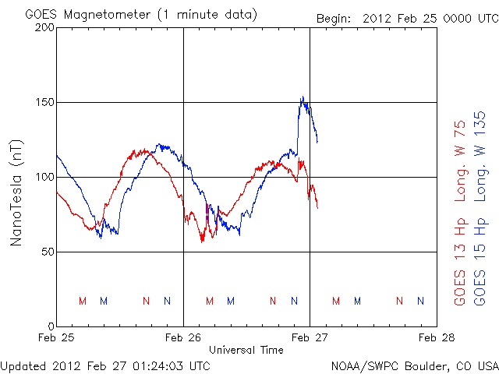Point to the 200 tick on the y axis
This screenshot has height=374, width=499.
pyautogui.click(x=44, y=28)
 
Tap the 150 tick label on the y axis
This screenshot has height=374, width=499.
pyautogui.click(x=44, y=103)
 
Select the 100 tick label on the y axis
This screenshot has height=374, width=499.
pyautogui.click(x=44, y=177)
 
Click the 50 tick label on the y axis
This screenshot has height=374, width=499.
pyautogui.click(x=48, y=252)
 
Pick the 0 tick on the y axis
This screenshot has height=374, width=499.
pyautogui.click(x=51, y=326)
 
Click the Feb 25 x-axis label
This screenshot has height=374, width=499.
pyautogui.click(x=56, y=338)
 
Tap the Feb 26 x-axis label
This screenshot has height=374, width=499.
pyautogui.click(x=183, y=338)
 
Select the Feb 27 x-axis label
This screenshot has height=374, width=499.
pyautogui.click(x=310, y=338)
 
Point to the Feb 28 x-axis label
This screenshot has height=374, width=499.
pyautogui.click(x=437, y=338)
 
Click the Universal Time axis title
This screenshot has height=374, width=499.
pyautogui.click(x=246, y=350)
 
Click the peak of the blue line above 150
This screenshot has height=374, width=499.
pyautogui.click(x=303, y=97)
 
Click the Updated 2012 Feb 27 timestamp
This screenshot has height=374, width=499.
pyautogui.click(x=105, y=365)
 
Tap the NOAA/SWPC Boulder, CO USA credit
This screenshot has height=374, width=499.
pyautogui.click(x=413, y=365)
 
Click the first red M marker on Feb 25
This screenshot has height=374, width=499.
pyautogui.click(x=83, y=301)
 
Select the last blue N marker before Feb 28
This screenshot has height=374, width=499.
pyautogui.click(x=421, y=301)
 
